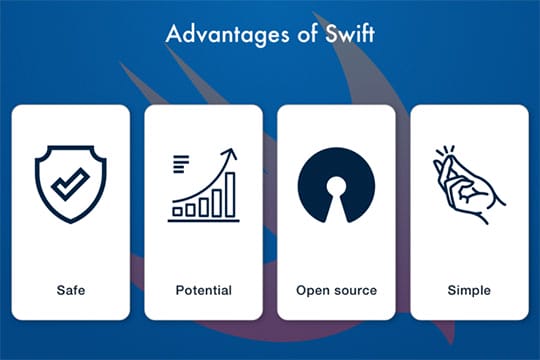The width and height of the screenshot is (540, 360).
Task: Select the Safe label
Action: [x=71, y=290]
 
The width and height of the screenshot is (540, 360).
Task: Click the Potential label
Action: [x=203, y=290]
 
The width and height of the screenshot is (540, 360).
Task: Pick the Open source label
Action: [x=336, y=290]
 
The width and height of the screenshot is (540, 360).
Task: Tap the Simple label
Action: [x=469, y=290]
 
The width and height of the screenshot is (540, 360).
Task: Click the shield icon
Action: [x=70, y=184]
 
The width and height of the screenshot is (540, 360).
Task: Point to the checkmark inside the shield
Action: [x=70, y=183]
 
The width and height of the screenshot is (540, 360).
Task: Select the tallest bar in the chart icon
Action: [x=230, y=194]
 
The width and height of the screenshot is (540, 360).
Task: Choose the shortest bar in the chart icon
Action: [x=177, y=211]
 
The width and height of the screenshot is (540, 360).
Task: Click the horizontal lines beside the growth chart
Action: [x=180, y=163]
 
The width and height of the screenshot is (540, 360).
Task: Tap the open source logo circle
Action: [x=336, y=185]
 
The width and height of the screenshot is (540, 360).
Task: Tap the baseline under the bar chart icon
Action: [x=203, y=220]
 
